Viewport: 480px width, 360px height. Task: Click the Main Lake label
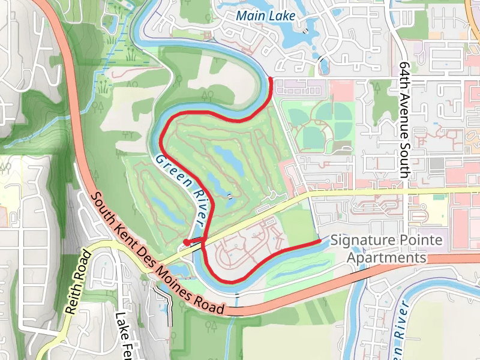pyautogui.click(x=266, y=16)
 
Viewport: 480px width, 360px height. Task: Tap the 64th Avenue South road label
pyautogui.click(x=406, y=119)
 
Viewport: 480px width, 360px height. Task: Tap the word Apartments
pyautogui.click(x=387, y=258)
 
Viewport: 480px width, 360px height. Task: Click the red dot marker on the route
pyautogui.click(x=187, y=242)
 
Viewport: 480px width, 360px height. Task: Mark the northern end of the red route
pyautogui.click(x=271, y=79)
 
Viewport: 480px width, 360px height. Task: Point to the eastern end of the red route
pyautogui.click(x=319, y=241)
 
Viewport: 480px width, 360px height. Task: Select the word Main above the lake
pyautogui.click(x=250, y=16)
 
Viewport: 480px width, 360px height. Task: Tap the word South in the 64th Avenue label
pyautogui.click(x=406, y=161)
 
